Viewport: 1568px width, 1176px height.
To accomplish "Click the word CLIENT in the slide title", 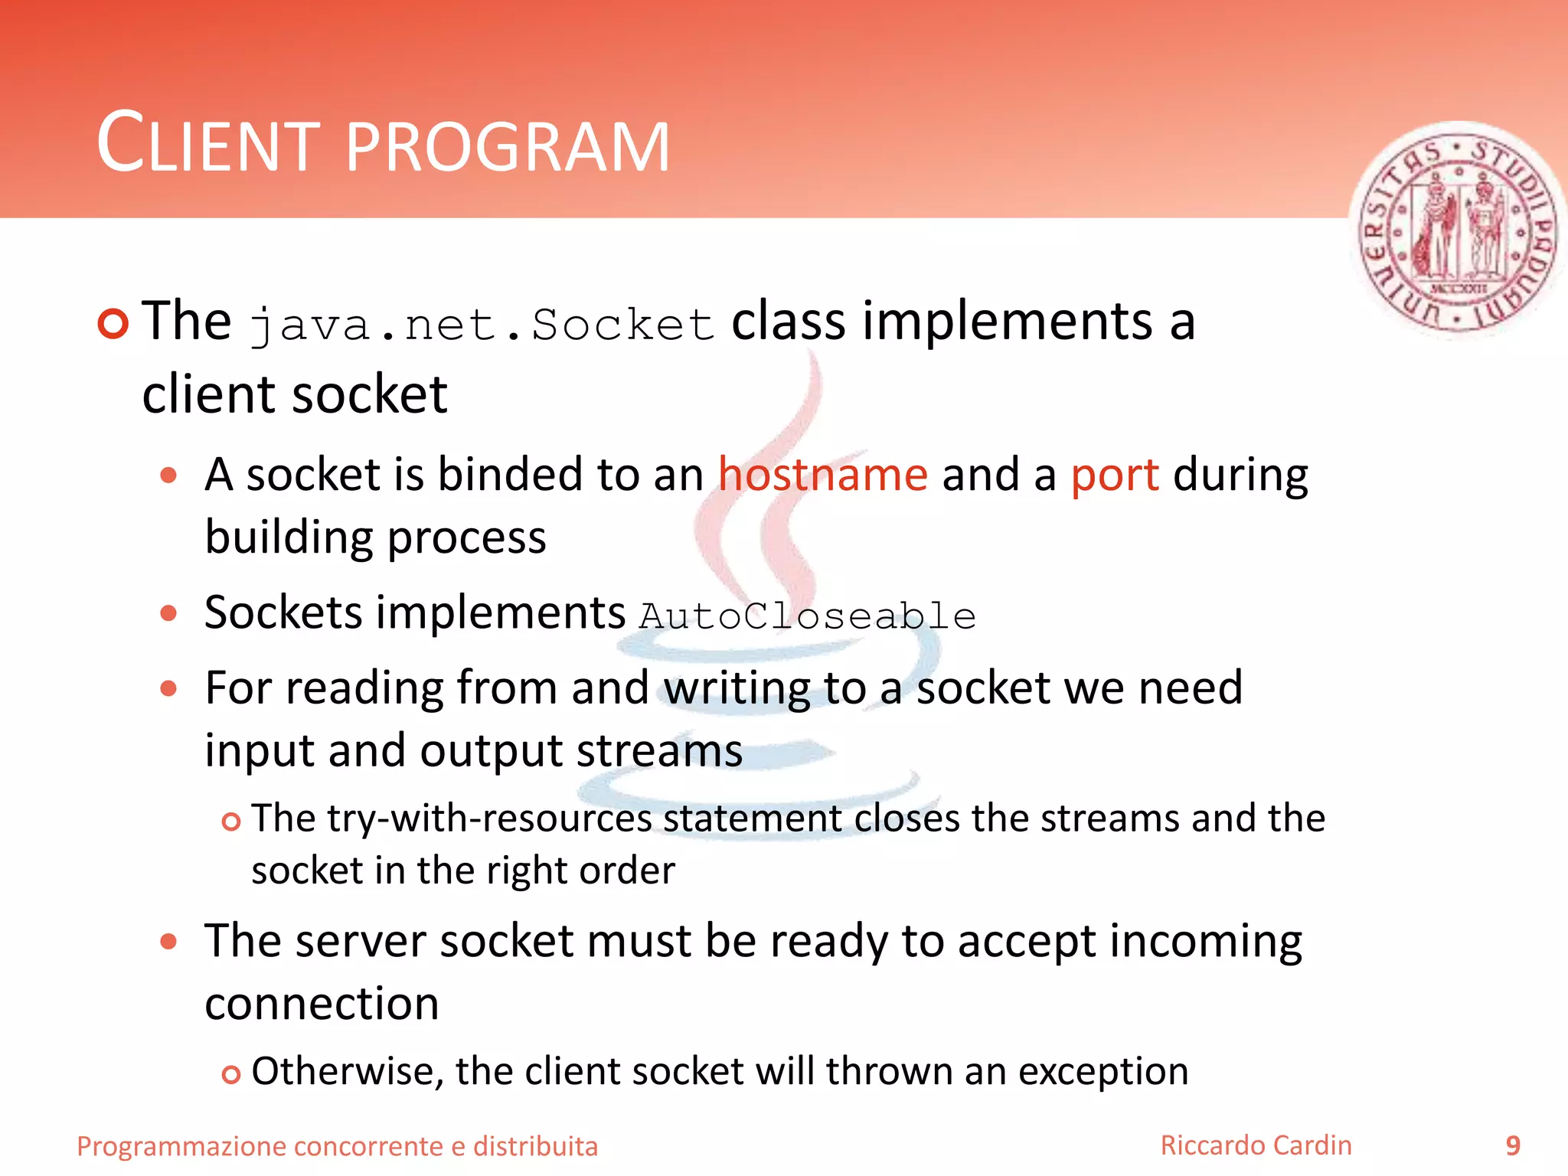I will pyautogui.click(x=207, y=144).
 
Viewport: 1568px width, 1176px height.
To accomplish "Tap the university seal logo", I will pyautogui.click(x=1457, y=230).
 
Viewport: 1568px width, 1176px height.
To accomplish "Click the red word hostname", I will pyautogui.click(x=823, y=475).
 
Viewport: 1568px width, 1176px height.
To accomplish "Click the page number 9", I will pyautogui.click(x=1512, y=1145).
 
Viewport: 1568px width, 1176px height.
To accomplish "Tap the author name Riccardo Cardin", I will pyautogui.click(x=1256, y=1145).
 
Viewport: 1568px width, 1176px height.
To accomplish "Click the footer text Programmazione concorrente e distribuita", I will pyautogui.click(x=337, y=1146).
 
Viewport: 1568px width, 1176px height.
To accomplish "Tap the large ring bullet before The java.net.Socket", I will pyautogui.click(x=113, y=323).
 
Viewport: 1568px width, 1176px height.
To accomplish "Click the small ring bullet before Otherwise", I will pyautogui.click(x=230, y=1075).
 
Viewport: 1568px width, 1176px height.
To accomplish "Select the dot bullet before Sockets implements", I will pyautogui.click(x=168, y=612).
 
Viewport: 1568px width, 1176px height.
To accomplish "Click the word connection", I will pyautogui.click(x=322, y=1004).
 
